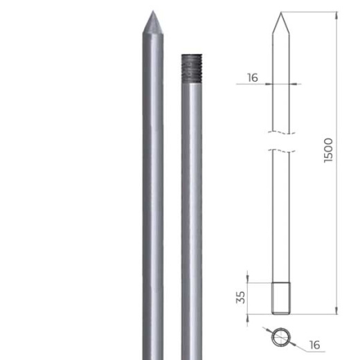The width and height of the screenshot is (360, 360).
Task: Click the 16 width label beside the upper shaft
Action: (252, 78)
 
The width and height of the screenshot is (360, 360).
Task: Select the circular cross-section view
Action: (281, 338)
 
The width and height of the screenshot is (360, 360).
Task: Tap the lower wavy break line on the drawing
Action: (281, 150)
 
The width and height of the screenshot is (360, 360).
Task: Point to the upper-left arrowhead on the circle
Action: (271, 331)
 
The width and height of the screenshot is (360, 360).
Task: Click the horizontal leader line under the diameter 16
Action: (312, 352)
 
